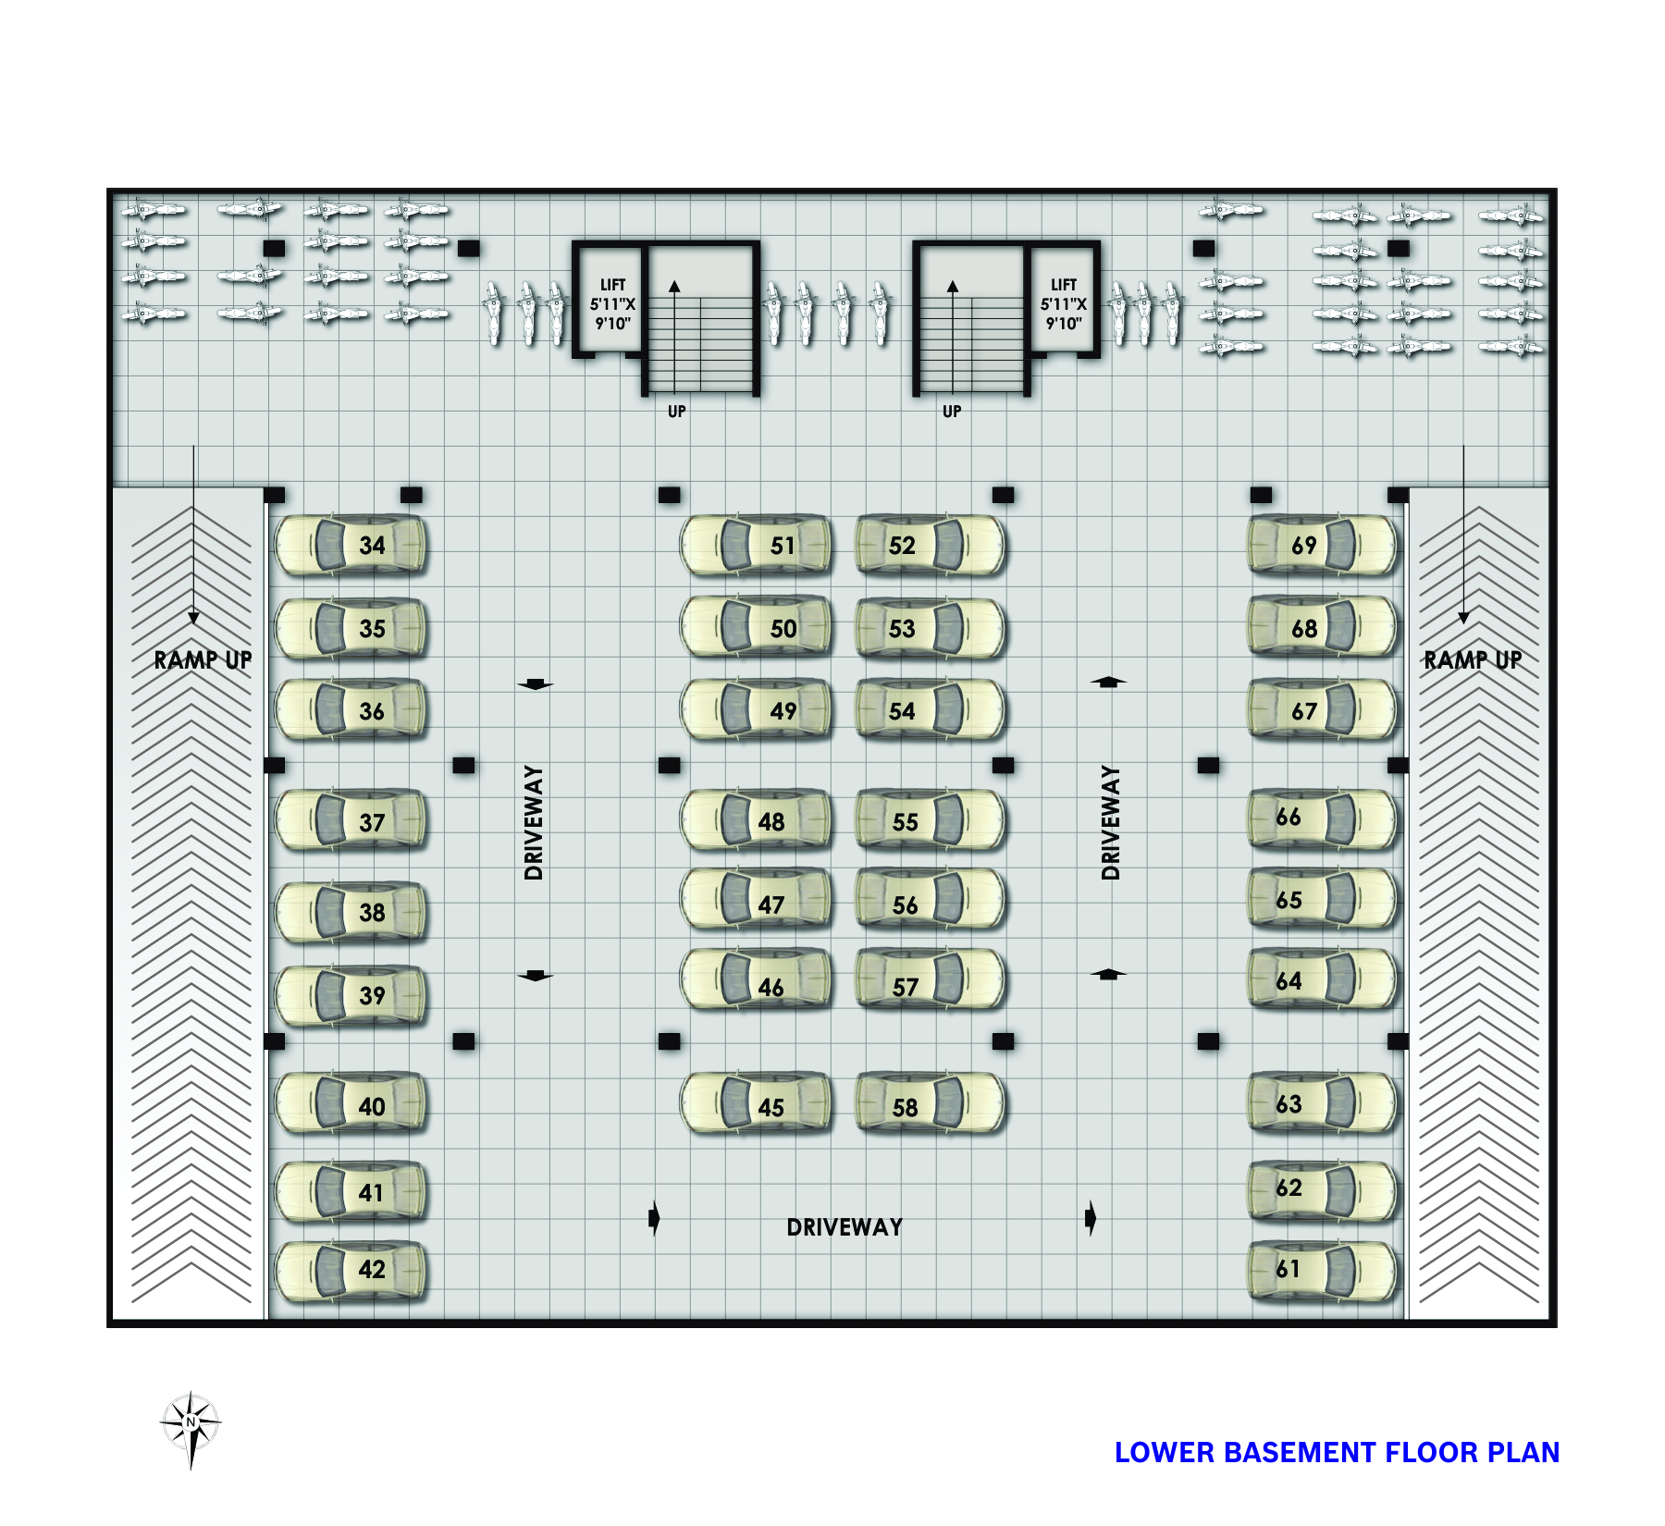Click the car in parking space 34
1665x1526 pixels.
click(x=351, y=546)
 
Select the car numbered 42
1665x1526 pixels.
click(x=351, y=1270)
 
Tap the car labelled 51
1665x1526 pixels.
click(x=756, y=546)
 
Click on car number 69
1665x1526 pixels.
click(x=1323, y=546)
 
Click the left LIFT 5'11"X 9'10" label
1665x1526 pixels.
click(x=612, y=304)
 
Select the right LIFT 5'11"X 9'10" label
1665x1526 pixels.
click(x=1064, y=304)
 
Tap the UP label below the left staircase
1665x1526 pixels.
click(x=677, y=412)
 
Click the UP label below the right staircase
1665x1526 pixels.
click(x=952, y=412)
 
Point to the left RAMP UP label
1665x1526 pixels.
click(x=203, y=660)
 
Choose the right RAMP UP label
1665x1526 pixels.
click(x=1473, y=660)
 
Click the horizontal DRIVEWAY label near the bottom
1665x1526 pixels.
click(x=845, y=1227)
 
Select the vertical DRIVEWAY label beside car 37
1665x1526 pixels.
click(x=534, y=822)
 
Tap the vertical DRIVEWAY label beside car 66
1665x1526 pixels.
click(x=1111, y=822)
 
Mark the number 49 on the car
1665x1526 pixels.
click(x=783, y=711)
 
